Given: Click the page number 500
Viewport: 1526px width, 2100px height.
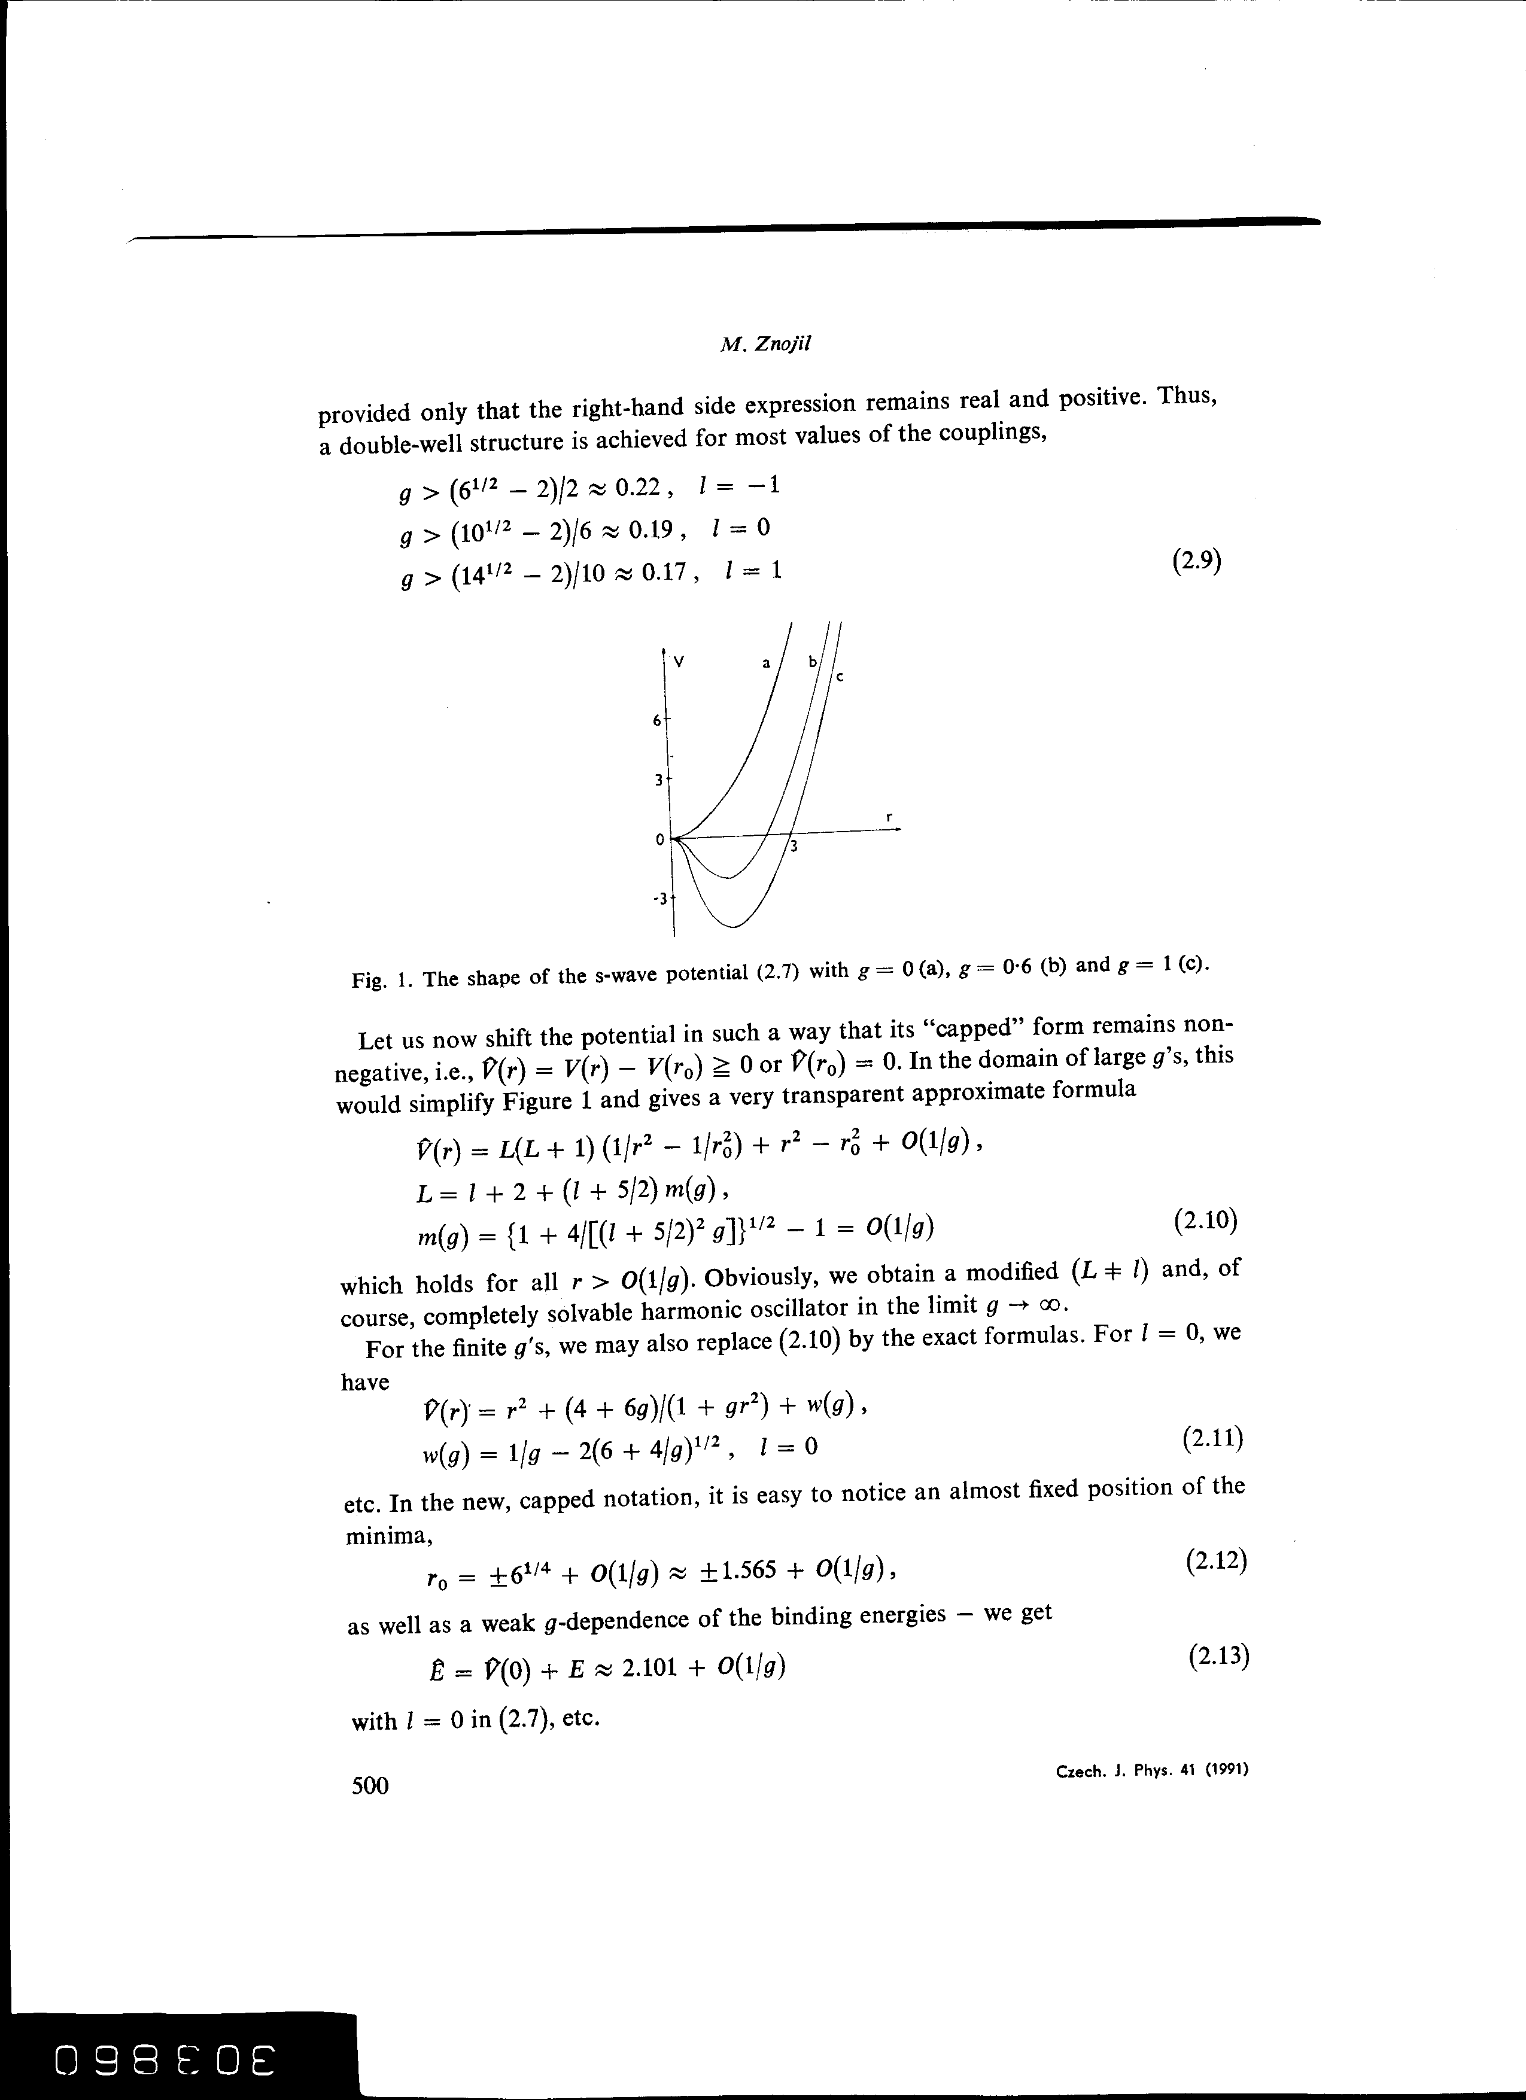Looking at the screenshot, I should [x=370, y=1785].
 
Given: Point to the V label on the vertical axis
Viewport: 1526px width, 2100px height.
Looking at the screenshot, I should [x=680, y=662].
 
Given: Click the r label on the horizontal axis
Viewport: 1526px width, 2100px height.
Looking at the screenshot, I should [x=888, y=817].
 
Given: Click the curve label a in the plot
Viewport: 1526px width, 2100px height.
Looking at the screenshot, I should [x=766, y=663].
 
